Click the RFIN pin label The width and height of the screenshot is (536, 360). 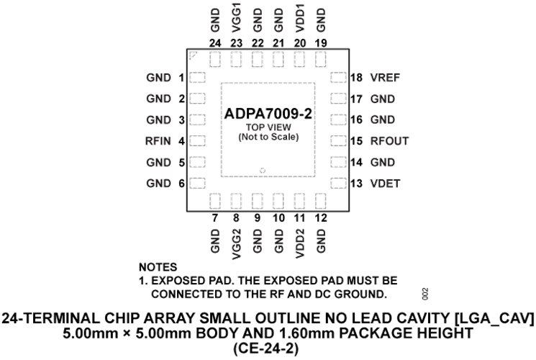[158, 141]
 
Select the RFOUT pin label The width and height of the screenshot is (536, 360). [389, 141]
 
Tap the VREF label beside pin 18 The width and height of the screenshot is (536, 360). [385, 78]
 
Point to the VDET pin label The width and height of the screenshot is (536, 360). [385, 184]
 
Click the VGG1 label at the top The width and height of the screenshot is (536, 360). [236, 18]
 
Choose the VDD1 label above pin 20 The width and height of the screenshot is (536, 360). [300, 21]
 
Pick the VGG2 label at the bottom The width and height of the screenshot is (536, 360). [236, 244]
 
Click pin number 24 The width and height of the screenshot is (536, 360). [215, 43]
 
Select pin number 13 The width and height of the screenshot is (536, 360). [356, 184]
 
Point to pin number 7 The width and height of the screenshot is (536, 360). [214, 218]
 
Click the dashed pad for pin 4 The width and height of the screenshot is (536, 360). [197, 140]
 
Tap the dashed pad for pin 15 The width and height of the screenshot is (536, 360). [338, 140]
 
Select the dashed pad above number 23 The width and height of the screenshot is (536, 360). [236, 59]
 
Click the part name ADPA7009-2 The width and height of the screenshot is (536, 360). [268, 114]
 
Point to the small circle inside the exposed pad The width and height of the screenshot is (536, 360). [263, 170]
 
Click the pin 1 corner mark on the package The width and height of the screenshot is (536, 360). [194, 55]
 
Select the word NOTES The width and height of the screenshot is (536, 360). [158, 267]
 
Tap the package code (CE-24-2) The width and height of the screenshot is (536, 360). [266, 349]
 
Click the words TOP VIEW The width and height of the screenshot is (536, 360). [268, 127]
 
